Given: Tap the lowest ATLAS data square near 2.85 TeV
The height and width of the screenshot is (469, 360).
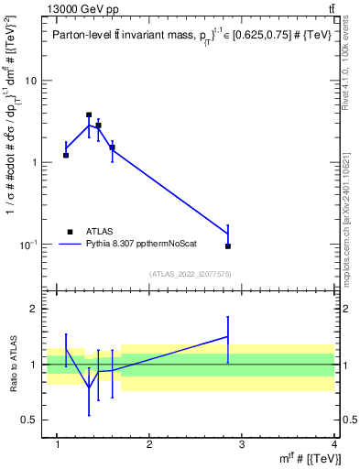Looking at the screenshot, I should (228, 245).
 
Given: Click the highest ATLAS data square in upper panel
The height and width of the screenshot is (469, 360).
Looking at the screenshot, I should (89, 115).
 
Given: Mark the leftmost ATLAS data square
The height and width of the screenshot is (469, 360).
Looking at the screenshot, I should (66, 155).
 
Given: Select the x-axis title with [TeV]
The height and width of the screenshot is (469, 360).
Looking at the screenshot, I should (311, 459).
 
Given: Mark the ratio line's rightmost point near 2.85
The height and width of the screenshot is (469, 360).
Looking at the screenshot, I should (228, 336).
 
